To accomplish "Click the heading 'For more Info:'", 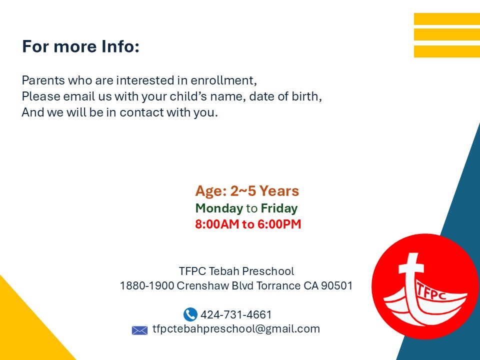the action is pos(81,46).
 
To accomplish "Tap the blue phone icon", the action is pos(190,314).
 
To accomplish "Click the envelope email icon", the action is pos(139,330).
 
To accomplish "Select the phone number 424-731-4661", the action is pos(236,314).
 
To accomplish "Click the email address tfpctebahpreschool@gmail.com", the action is pos(236,329).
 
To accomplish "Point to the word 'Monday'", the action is pos(219,208).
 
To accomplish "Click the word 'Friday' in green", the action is pos(279,208).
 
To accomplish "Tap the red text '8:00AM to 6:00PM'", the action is pos(248,224).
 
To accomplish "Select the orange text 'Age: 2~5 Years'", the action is pos(247,191).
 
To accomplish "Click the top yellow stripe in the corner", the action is pos(447,19).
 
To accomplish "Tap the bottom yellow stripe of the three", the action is pos(447,51).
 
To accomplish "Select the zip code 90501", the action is pos(336,285).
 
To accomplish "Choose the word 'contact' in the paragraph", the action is pos(142,112).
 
